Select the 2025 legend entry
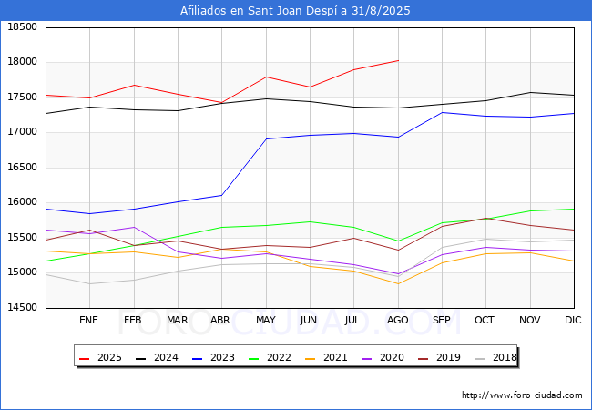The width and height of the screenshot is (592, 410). (x=100, y=357)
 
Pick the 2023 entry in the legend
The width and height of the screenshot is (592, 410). (x=213, y=357)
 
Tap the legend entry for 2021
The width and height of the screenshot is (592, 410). (x=326, y=357)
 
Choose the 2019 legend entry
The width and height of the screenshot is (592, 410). (x=439, y=357)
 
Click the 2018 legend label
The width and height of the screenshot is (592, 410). (x=505, y=357)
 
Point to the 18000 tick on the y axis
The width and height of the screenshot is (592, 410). (x=23, y=62)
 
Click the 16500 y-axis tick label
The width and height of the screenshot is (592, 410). (x=23, y=168)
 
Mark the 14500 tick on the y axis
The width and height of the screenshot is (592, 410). (x=23, y=307)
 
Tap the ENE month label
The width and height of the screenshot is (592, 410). (x=88, y=320)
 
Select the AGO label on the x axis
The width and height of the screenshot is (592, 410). (x=398, y=320)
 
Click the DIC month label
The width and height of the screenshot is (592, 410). (x=573, y=320)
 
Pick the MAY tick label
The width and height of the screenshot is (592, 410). (x=266, y=320)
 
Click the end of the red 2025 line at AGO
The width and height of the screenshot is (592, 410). (x=398, y=60)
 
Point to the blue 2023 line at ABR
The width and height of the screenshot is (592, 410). (x=221, y=195)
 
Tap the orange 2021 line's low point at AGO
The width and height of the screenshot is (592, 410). (x=398, y=284)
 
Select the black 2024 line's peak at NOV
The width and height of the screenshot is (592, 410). (x=530, y=93)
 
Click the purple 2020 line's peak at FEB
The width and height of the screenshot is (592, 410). (x=134, y=227)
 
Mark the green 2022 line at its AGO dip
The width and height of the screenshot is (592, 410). (x=398, y=241)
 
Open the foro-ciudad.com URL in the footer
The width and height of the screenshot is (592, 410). (x=522, y=395)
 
